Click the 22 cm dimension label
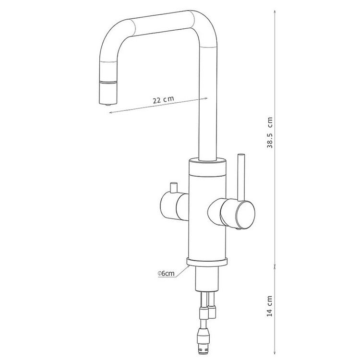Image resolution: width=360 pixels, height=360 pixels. click(x=163, y=99)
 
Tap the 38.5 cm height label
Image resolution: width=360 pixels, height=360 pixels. click(x=270, y=132)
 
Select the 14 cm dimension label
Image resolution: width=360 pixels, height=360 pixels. click(x=270, y=306)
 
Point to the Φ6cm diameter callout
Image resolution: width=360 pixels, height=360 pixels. click(x=166, y=274)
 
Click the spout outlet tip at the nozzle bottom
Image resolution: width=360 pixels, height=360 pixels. click(x=108, y=105)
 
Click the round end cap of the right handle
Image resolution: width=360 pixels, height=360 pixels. click(x=245, y=215)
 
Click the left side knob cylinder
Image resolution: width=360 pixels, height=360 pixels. click(x=175, y=206)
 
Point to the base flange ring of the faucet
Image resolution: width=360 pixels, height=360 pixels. click(x=207, y=262)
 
